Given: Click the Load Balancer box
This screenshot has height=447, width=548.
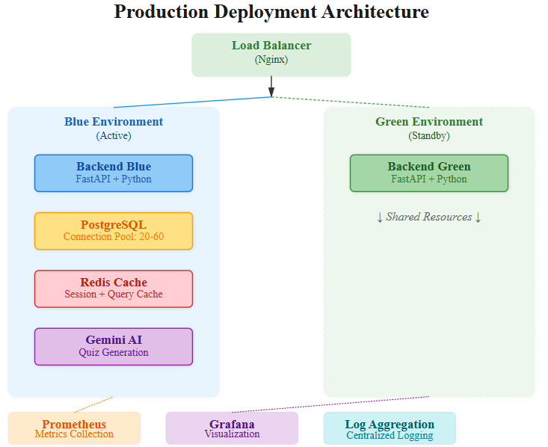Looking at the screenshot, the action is (271, 55).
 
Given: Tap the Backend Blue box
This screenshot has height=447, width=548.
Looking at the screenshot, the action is (114, 173).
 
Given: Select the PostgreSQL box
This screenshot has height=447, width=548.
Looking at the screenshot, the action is (114, 231).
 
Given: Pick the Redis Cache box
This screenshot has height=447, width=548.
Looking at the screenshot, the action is (114, 289).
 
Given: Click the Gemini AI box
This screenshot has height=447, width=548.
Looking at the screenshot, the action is (114, 347).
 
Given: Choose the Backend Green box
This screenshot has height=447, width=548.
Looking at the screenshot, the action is (429, 173).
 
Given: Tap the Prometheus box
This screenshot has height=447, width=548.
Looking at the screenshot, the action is (74, 428).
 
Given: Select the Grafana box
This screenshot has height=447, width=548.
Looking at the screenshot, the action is (232, 428).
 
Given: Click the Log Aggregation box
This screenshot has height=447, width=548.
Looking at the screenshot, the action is (390, 428).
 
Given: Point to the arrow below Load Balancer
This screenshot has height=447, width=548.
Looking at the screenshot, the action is (271, 86).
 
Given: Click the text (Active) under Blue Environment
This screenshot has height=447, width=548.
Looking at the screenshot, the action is (114, 135).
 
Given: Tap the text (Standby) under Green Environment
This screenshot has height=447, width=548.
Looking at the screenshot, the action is (429, 135).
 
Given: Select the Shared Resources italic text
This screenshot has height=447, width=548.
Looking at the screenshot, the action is (429, 217).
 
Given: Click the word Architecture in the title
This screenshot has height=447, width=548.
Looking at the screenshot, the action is (375, 12).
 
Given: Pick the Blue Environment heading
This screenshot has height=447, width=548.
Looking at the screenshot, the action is (114, 122).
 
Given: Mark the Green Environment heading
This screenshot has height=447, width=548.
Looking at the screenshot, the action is (429, 122).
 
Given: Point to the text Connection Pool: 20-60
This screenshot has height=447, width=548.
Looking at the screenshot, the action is (114, 237).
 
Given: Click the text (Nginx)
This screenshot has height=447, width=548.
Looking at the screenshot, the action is (271, 59).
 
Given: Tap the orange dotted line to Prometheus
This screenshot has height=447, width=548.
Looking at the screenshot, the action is (94, 404).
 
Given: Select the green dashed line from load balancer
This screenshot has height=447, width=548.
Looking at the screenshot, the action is (351, 102).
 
